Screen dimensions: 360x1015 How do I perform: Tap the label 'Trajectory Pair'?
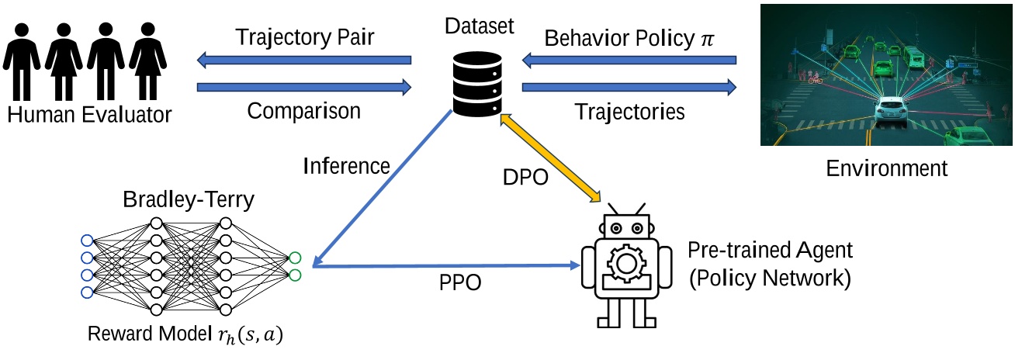(303, 37)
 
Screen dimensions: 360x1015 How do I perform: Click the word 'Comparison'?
(303, 111)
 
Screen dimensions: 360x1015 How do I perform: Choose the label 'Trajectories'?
(629, 112)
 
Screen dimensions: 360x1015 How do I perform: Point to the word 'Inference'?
(346, 165)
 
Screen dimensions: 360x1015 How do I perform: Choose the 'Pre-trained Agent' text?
(770, 250)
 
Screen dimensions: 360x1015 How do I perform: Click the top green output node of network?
(295, 258)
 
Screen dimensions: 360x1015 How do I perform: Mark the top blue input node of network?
(86, 240)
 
